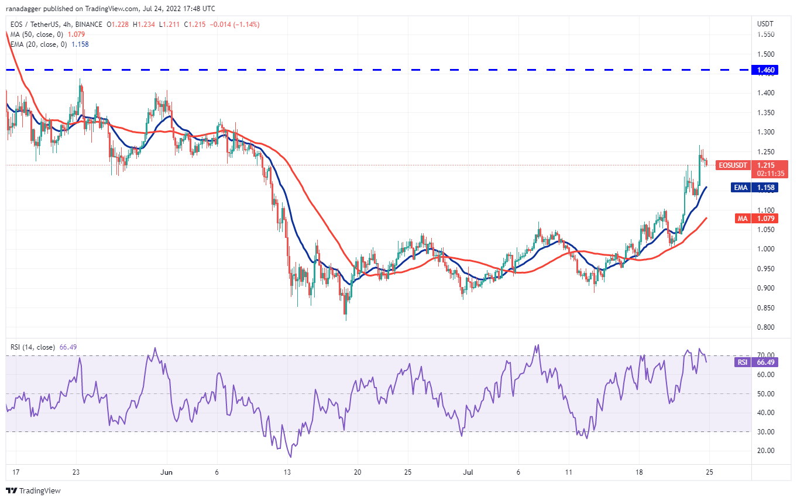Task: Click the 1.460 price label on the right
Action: tap(766, 70)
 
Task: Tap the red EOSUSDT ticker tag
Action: tap(731, 165)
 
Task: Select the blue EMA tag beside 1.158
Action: tap(740, 188)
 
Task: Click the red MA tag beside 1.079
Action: tap(741, 218)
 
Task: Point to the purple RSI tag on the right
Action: tap(741, 362)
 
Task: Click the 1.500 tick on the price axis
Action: tap(766, 54)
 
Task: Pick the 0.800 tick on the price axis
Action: tap(766, 327)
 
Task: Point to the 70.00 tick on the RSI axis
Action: tap(766, 355)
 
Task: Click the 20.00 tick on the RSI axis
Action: tap(766, 451)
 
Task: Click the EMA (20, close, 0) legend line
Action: tap(37, 44)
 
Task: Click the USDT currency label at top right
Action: tap(765, 24)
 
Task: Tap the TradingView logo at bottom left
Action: tap(33, 491)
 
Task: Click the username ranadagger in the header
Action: tap(24, 9)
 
